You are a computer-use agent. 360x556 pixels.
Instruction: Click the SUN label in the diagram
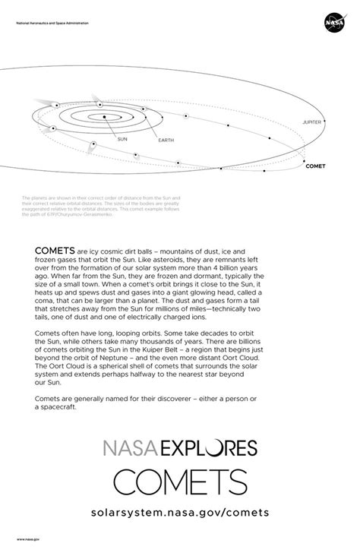click(x=122, y=140)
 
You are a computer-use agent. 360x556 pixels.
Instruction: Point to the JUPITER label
click(x=311, y=122)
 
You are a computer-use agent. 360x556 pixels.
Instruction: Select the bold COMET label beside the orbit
click(x=315, y=164)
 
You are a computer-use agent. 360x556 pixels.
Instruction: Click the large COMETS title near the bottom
click(x=180, y=481)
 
